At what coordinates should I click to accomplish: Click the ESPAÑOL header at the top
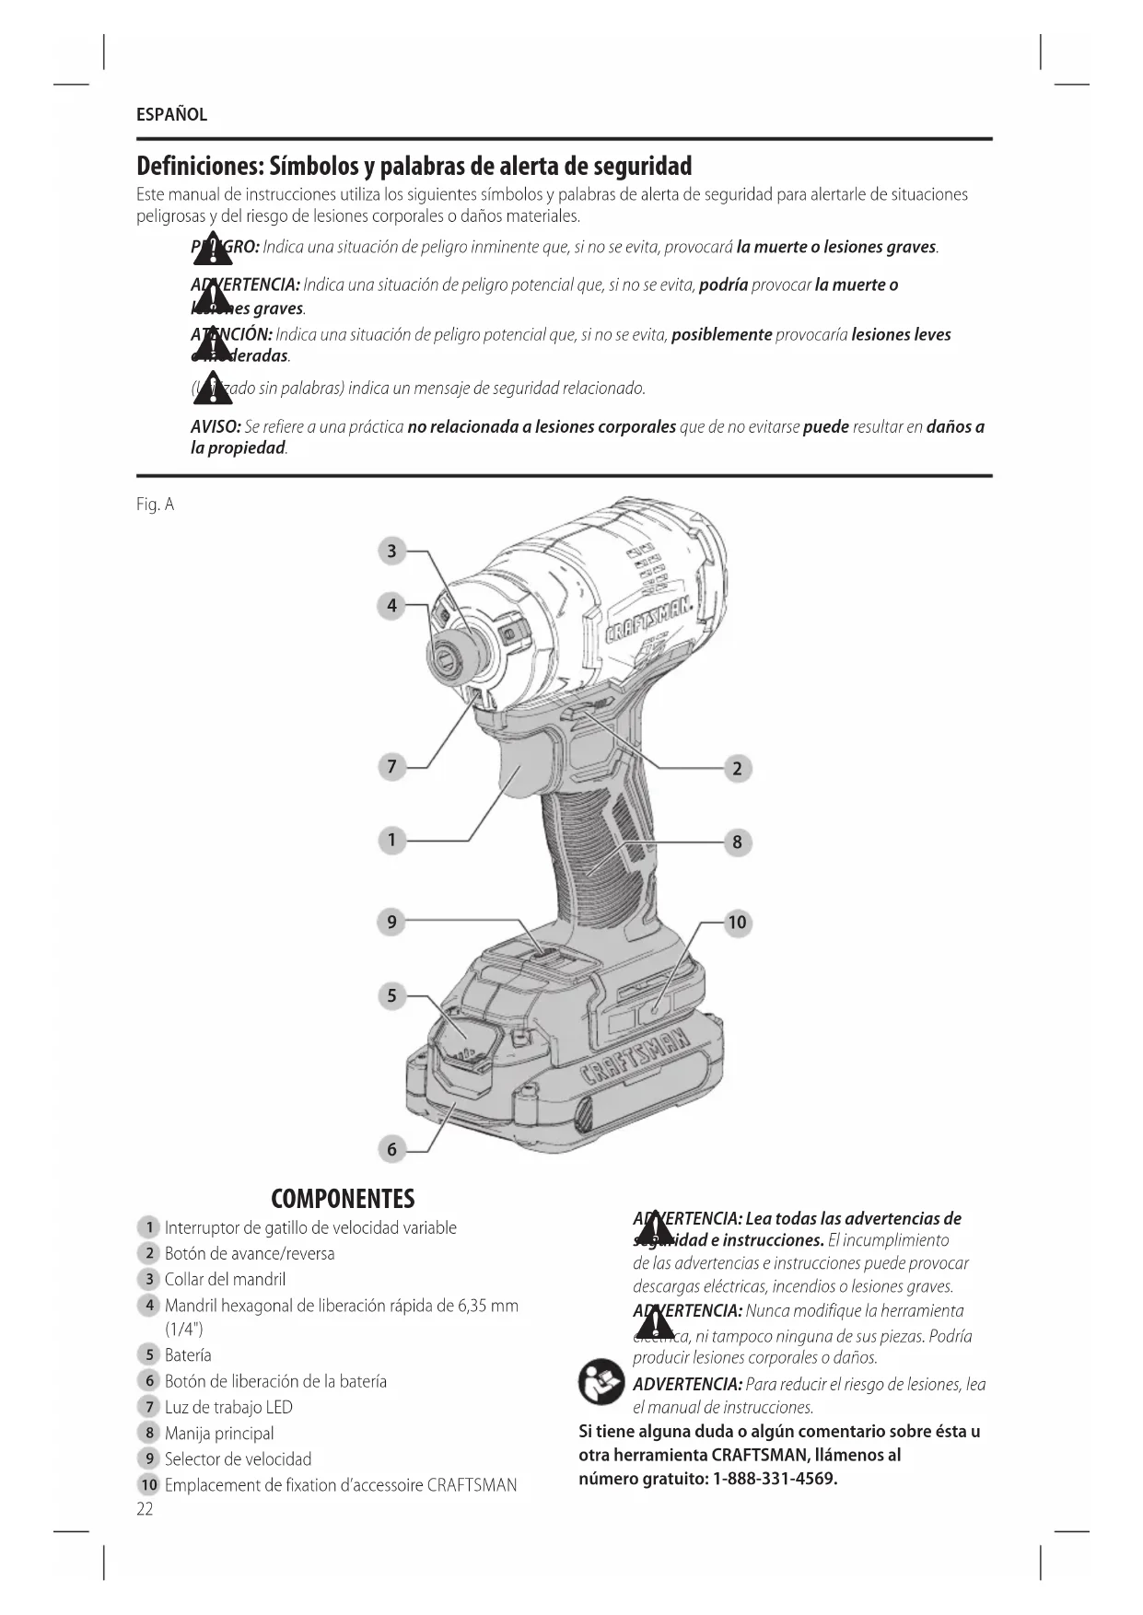coord(171,115)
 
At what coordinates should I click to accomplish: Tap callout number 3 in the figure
coord(391,551)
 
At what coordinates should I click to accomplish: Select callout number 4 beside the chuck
coord(391,605)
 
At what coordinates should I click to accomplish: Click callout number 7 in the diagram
coord(391,766)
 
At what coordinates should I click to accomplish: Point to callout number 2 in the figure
coord(737,768)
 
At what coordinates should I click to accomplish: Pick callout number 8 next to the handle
coord(737,842)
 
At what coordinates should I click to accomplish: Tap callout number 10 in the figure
coord(737,923)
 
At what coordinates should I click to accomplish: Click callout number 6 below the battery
coord(391,1148)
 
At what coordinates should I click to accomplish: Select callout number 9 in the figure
coord(391,922)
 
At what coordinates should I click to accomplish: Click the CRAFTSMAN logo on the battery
coord(636,1058)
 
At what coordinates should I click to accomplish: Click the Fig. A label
coord(155,505)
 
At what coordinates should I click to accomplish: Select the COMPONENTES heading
coord(343,1199)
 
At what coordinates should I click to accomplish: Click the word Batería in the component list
coord(188,1354)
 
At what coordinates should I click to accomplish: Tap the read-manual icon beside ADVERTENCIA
coord(601,1381)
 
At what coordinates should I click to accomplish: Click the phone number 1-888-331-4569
coord(775,1480)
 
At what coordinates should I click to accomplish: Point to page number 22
coord(145,1509)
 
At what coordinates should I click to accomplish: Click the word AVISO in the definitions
coord(216,427)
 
